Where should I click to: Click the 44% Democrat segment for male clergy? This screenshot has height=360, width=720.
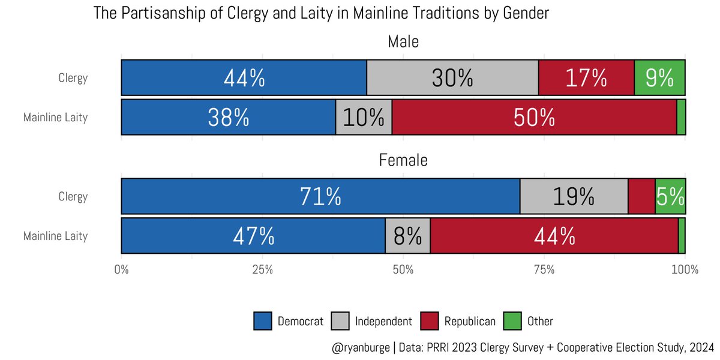tap(244, 78)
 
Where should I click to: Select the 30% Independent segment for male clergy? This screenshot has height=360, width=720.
tap(452, 78)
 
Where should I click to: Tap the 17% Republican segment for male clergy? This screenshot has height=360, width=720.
tap(586, 78)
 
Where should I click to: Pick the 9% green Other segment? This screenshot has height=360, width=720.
tap(659, 78)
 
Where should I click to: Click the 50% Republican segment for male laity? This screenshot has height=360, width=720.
tap(534, 118)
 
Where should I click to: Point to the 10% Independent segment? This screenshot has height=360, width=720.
tap(364, 118)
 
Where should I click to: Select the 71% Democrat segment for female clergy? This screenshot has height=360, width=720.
tap(320, 197)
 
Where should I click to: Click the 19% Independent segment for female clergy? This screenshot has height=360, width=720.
tap(574, 197)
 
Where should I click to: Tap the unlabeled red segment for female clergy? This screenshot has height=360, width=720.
tap(641, 197)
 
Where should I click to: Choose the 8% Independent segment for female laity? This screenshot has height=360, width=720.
tap(407, 236)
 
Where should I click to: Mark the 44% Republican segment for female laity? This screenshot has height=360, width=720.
tap(554, 236)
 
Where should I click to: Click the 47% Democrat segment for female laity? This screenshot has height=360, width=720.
tap(253, 236)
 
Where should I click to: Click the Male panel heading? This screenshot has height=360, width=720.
tap(403, 42)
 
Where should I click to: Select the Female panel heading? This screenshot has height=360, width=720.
tap(403, 161)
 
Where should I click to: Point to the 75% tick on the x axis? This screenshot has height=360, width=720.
tap(544, 269)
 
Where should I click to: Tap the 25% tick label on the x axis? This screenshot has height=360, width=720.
tap(262, 269)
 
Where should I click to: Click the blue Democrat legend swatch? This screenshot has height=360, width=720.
tap(263, 321)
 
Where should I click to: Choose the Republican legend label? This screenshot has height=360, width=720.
tap(470, 322)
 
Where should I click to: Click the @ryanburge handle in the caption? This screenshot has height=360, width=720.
tap(358, 347)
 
